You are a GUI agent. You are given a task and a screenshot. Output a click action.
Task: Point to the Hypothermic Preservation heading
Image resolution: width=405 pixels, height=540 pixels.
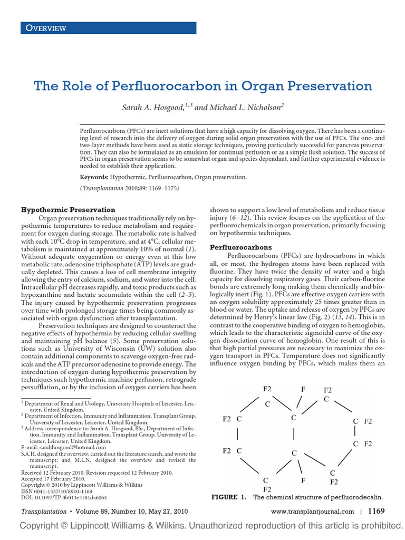click(x=68, y=209)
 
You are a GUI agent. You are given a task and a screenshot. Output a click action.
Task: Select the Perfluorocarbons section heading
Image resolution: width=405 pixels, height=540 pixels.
click(x=241, y=247)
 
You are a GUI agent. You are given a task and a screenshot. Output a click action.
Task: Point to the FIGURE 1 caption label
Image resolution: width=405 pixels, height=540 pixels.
click(x=228, y=497)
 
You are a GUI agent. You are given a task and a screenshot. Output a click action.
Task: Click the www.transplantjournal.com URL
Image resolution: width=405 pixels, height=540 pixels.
click(x=312, y=512)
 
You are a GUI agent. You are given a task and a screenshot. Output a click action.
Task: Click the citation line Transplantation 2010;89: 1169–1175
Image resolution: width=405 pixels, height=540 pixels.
click(x=130, y=188)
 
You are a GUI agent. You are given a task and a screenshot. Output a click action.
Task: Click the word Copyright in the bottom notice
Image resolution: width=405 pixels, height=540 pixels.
click(x=45, y=526)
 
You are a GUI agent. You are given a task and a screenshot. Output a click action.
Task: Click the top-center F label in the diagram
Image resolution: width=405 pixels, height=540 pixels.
click(x=303, y=389)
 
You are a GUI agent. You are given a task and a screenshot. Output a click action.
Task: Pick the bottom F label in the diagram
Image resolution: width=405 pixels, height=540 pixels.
click(x=303, y=480)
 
